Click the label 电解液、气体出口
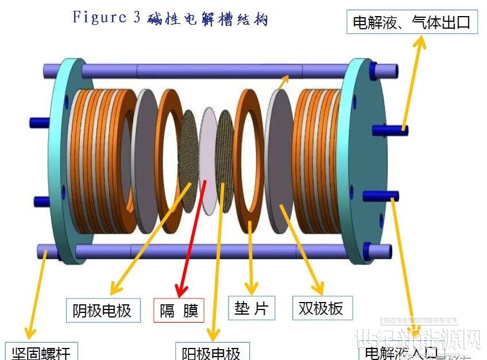tap(412, 22)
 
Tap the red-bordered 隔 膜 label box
tap(179, 311)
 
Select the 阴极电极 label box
tap(102, 311)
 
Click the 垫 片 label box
tap(251, 308)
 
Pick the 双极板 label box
tap(321, 308)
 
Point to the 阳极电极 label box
tap(211, 351)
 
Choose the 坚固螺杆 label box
tap(40, 351)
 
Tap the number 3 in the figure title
tap(136, 17)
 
